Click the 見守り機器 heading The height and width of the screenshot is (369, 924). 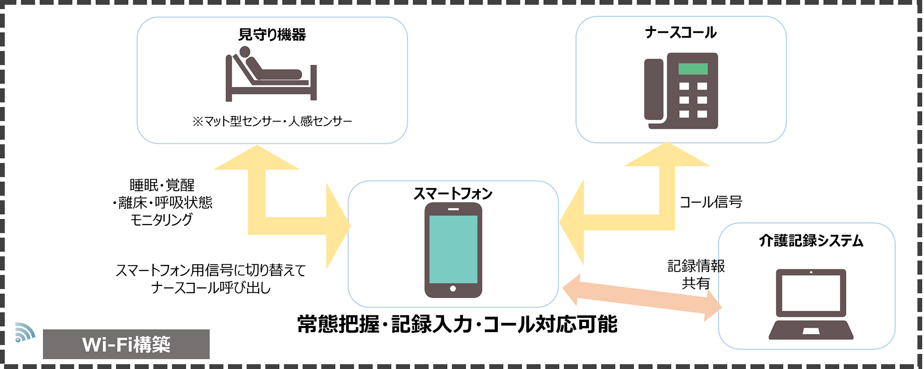coord(272,35)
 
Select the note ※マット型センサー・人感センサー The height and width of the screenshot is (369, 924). coord(272,121)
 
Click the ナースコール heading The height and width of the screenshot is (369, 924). coord(681,32)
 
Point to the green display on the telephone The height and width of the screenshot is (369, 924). coord(693,69)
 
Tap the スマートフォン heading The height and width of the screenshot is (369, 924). coord(453,194)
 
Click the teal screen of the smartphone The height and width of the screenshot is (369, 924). coord(453,249)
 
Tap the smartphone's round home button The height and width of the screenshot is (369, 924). coord(453,289)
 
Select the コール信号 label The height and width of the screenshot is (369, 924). coord(711,202)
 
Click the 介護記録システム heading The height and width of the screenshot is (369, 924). coord(811,241)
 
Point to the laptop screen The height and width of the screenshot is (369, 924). coord(811,292)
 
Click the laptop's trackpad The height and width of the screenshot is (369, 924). coord(811,331)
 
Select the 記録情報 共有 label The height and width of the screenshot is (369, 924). coord(696,274)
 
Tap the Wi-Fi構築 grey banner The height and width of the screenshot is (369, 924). coord(126,344)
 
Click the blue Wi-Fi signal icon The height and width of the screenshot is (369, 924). coord(24,332)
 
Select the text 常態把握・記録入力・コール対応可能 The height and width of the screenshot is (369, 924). coord(457,324)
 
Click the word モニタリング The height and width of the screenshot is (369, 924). coord(161,220)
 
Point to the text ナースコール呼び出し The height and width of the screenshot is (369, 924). coord(211,288)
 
